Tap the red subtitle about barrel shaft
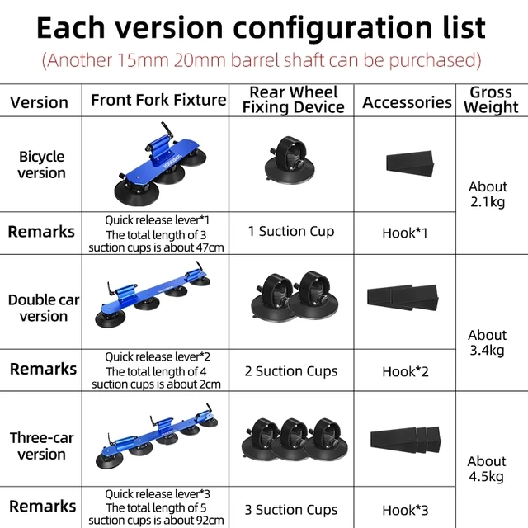[262, 60]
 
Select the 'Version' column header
[39, 102]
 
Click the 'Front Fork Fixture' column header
[158, 100]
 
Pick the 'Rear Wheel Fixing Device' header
[293, 100]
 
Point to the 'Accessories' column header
[407, 102]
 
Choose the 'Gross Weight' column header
[491, 100]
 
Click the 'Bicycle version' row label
[41, 164]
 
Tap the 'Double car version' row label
[44, 308]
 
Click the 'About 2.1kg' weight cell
[487, 195]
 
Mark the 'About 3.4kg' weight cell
[487, 342]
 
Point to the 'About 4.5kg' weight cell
[487, 469]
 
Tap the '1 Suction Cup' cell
[291, 232]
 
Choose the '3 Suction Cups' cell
[291, 510]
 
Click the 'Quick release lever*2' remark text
[158, 357]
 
